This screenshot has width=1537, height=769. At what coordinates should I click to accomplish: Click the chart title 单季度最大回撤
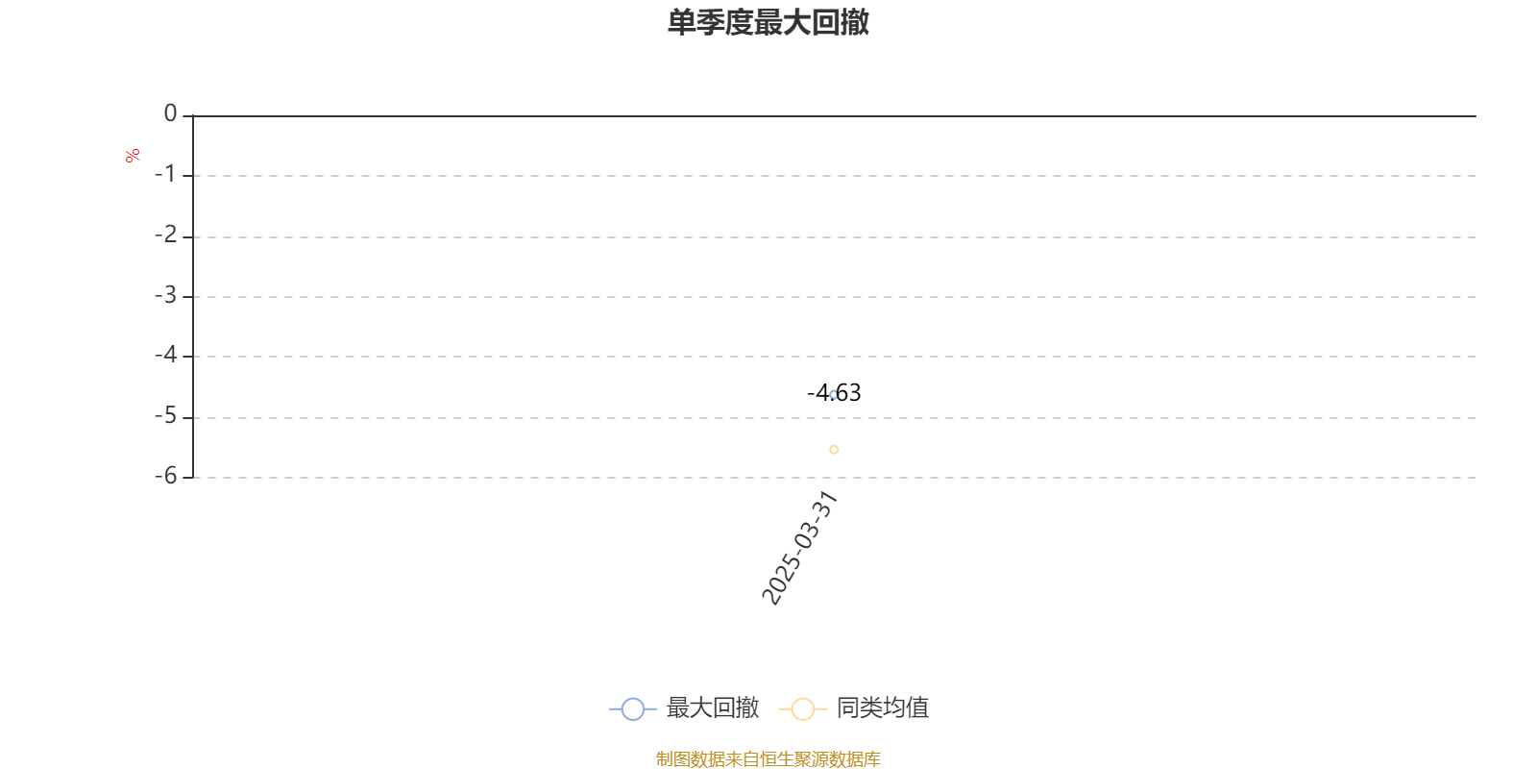pyautogui.click(x=768, y=22)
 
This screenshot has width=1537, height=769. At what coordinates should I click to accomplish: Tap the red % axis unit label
pyautogui.click(x=133, y=156)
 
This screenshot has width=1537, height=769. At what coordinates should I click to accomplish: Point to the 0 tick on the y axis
pyautogui.click(x=170, y=113)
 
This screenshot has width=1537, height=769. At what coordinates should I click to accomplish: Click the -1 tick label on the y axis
pyautogui.click(x=164, y=174)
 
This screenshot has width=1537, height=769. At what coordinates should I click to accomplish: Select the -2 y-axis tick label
pyautogui.click(x=165, y=235)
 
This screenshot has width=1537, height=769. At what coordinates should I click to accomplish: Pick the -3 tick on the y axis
pyautogui.click(x=165, y=295)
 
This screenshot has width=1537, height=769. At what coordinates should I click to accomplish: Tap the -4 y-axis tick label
pyautogui.click(x=165, y=355)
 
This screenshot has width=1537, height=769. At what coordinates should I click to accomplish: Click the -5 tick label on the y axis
pyautogui.click(x=165, y=416)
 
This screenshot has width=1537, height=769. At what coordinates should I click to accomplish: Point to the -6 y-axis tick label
pyautogui.click(x=165, y=476)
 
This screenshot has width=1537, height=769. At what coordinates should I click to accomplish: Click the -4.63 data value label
pyautogui.click(x=834, y=393)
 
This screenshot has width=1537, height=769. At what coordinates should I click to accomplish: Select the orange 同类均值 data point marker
pyautogui.click(x=834, y=450)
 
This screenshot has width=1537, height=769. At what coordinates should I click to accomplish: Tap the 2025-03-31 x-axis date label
pyautogui.click(x=799, y=548)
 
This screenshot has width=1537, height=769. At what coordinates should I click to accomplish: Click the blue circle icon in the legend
pyautogui.click(x=633, y=708)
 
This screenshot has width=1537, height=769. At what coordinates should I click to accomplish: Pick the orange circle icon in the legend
pyautogui.click(x=803, y=708)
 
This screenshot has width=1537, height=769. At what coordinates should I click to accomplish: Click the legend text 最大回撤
pyautogui.click(x=712, y=707)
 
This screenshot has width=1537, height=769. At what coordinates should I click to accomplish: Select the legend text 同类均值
pyautogui.click(x=883, y=707)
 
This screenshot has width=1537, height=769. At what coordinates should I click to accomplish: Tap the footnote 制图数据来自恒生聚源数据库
pyautogui.click(x=768, y=758)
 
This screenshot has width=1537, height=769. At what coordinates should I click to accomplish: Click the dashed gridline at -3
pyautogui.click(x=835, y=297)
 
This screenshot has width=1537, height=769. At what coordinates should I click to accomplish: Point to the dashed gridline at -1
pyautogui.click(x=835, y=176)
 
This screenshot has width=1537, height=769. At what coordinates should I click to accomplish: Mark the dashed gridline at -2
pyautogui.click(x=835, y=237)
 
